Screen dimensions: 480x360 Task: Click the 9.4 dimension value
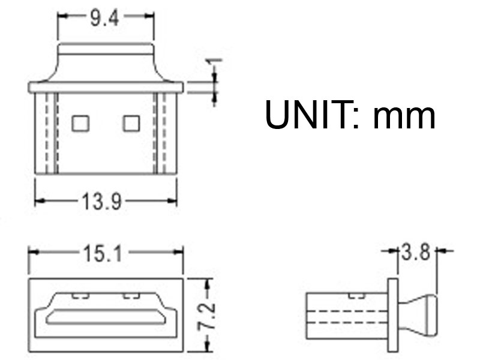(104, 19)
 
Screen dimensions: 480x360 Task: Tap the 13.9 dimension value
(101, 202)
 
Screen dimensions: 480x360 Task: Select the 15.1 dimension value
(103, 254)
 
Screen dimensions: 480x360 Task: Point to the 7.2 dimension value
(207, 317)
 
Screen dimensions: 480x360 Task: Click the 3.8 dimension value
(415, 253)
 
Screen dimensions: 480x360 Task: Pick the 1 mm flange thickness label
(215, 65)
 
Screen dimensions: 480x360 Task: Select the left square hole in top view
(80, 124)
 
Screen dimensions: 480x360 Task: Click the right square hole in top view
(131, 124)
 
